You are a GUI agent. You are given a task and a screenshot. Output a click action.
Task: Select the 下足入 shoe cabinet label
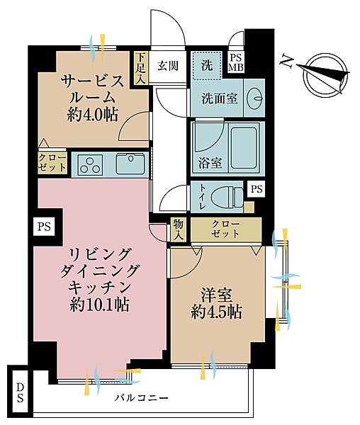(142, 68)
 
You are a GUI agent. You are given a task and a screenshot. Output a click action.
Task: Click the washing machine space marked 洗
(206, 66)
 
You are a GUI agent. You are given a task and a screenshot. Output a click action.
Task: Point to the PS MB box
(236, 63)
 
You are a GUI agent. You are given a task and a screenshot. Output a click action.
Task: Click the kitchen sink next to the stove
(129, 165)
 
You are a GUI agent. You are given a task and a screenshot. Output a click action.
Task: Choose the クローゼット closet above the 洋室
(225, 229)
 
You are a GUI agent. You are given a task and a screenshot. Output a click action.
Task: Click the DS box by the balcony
(19, 391)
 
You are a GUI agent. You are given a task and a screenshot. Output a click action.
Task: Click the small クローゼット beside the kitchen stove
(52, 163)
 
